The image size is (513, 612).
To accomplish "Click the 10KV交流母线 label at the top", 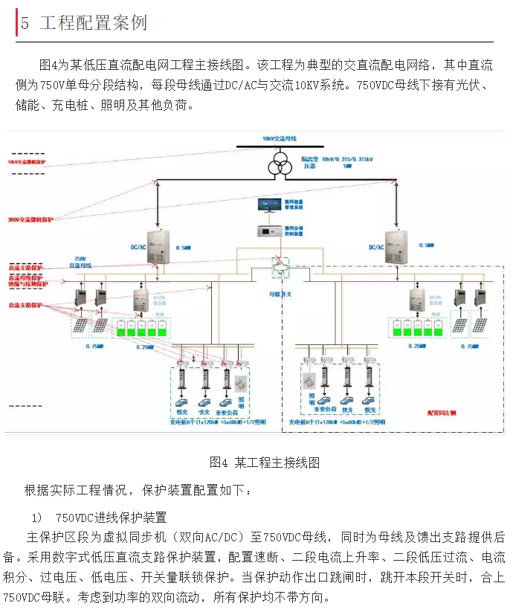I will click(279, 139).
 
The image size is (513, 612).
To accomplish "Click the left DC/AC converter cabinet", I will click(158, 247).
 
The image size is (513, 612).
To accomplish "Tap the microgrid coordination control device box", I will click(269, 231).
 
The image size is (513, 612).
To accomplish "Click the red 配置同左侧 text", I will click(442, 410).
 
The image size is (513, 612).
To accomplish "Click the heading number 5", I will click(25, 23).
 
